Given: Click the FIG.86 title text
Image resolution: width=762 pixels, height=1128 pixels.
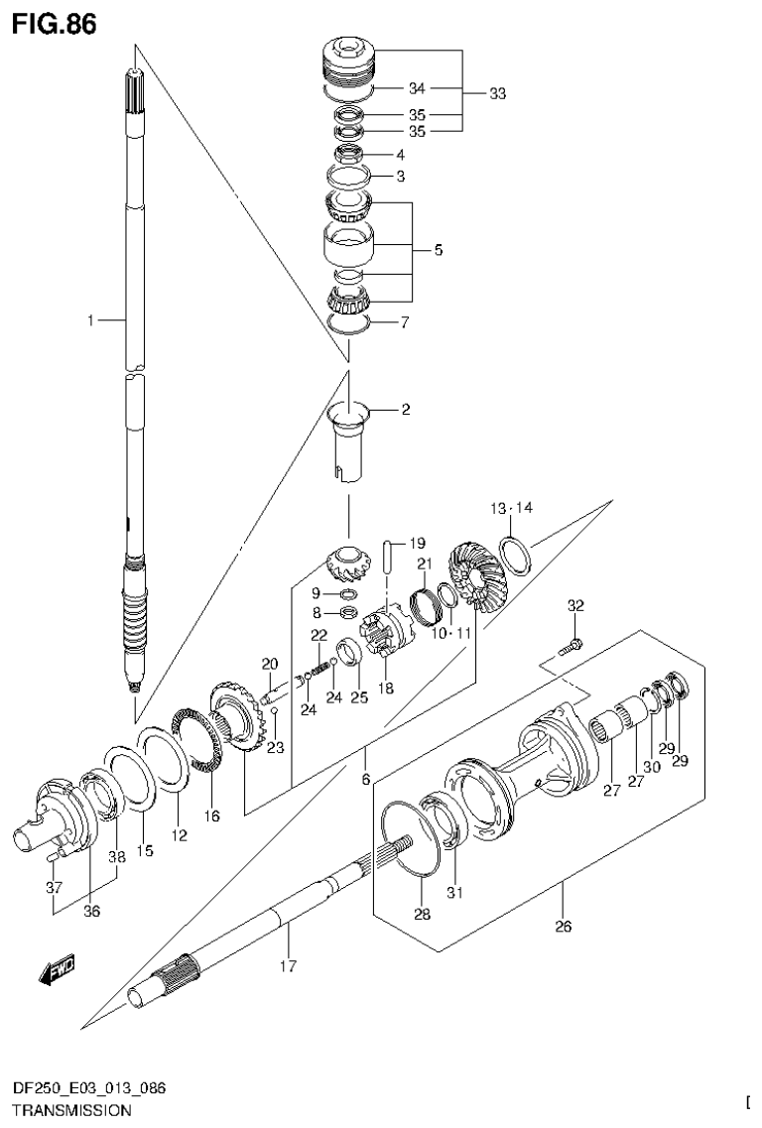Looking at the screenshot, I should click(55, 23).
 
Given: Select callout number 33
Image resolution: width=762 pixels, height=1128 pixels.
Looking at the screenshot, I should click(498, 94).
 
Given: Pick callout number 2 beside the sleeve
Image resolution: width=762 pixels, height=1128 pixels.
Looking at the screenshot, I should click(406, 409).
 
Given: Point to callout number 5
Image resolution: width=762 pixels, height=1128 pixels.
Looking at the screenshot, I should click(438, 250).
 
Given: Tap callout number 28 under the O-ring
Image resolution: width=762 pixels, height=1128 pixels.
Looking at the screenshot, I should click(423, 915).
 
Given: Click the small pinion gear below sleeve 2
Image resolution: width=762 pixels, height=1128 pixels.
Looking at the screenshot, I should click(347, 568).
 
